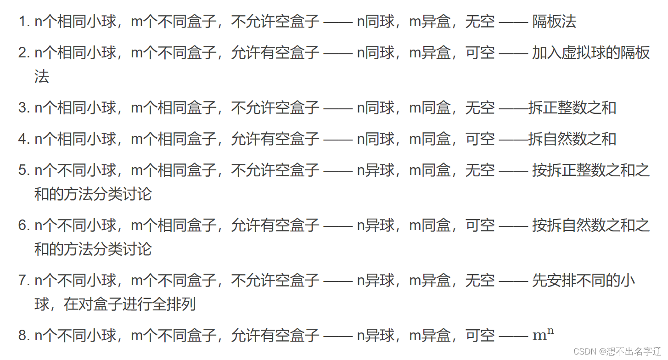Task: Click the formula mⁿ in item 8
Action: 543,335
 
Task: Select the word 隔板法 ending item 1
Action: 554,22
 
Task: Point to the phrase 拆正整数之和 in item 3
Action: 572,108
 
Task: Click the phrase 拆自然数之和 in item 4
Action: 572,139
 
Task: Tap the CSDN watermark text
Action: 585,351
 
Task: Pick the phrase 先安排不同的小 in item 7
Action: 584,280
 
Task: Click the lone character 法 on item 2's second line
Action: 42,77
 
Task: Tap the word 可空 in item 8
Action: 480,336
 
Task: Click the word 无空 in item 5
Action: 480,170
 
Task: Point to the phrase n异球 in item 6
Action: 376,225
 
